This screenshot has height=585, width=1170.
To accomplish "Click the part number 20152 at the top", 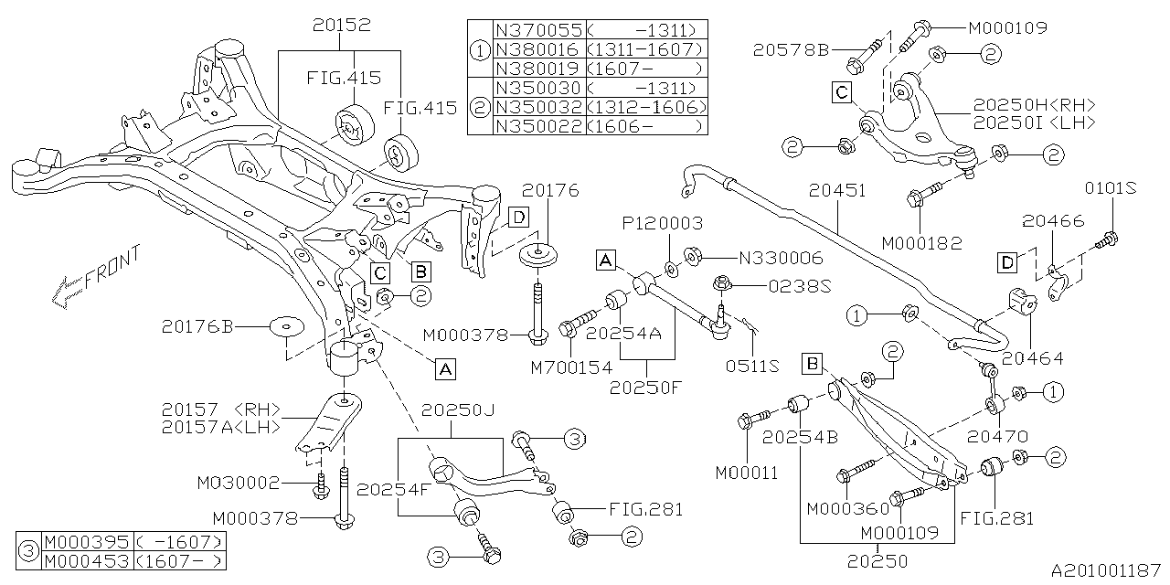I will [x=340, y=26].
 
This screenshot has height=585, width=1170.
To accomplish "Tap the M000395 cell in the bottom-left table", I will [x=87, y=542].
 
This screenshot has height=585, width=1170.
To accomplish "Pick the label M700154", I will [x=573, y=367].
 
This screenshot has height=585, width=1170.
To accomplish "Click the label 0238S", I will [x=799, y=284].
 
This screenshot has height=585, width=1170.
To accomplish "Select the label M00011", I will [x=747, y=473].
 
